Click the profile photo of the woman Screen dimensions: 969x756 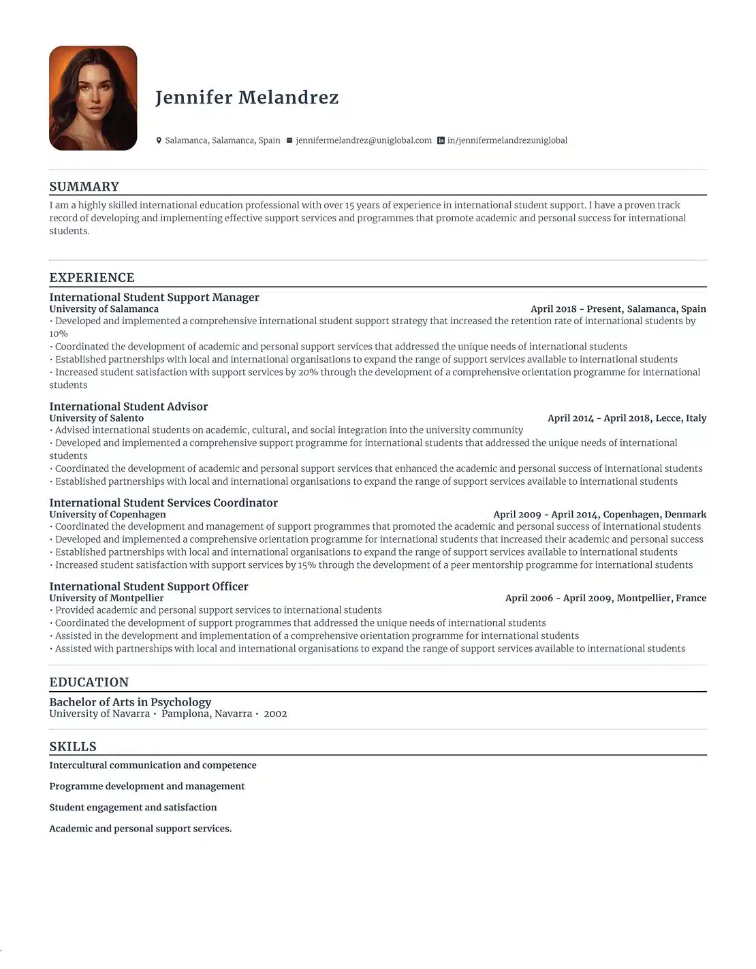[x=93, y=98]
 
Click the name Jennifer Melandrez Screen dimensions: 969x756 [x=247, y=97]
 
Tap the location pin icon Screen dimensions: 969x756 [x=159, y=140]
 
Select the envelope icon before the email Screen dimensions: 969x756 [x=289, y=140]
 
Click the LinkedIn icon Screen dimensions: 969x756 [x=441, y=140]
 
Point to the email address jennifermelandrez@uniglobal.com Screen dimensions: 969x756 [x=364, y=140]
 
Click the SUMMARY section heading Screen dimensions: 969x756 [x=84, y=187]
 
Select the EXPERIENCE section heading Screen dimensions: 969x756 [x=92, y=277]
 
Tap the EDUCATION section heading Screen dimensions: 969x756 [x=89, y=682]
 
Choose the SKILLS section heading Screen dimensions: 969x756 [x=73, y=746]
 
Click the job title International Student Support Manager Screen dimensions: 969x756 [x=154, y=297]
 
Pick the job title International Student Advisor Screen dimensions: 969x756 [x=128, y=407]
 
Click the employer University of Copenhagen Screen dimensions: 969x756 [x=108, y=514]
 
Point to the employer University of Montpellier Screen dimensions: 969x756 [x=106, y=598]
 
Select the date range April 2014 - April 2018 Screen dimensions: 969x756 [x=598, y=418]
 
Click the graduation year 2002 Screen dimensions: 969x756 [x=275, y=714]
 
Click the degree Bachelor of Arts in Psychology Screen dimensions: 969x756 [x=130, y=702]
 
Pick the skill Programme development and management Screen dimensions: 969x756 [x=146, y=786]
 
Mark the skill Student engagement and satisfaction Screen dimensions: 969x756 [x=133, y=807]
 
